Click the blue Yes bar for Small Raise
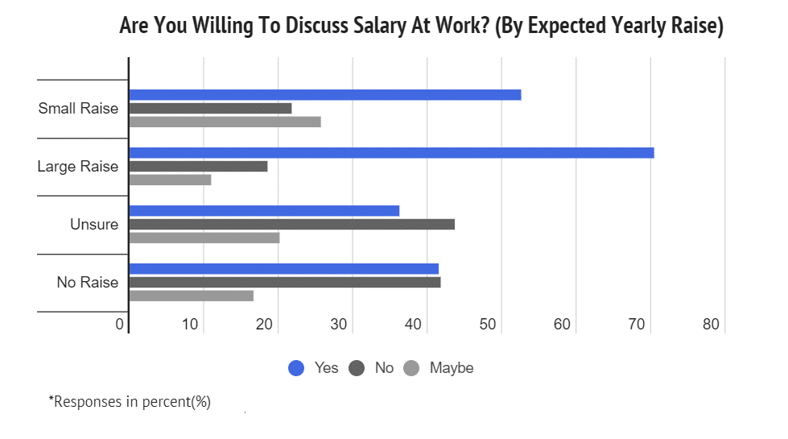(325, 95)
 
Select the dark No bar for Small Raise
(210, 108)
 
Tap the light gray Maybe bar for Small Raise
(225, 122)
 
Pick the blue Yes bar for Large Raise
(391, 153)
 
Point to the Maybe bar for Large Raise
(170, 180)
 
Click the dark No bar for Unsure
(291, 224)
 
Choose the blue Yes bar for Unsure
(264, 211)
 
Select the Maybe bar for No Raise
(191, 296)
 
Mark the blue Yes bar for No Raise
(283, 269)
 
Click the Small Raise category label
(78, 109)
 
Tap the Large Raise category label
(77, 167)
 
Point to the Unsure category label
(94, 225)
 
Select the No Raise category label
(87, 283)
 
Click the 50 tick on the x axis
(488, 325)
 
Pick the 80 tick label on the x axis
(712, 325)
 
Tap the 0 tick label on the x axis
(120, 325)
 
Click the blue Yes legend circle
(296, 368)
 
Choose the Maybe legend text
(452, 368)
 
